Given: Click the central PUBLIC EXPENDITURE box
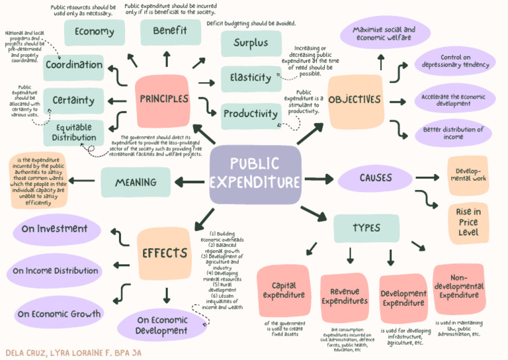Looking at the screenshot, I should pos(255,174).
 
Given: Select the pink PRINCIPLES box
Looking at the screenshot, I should pos(163,100).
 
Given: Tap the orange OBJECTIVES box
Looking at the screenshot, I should pos(355,100).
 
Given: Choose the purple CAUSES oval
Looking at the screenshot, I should pos(376,178).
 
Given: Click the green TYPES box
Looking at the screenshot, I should pos(366,228).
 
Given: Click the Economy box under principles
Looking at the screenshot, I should pos(94,32).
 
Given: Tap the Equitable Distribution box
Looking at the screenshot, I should pos(75,132).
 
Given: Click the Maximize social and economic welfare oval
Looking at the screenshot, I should pos(384,34).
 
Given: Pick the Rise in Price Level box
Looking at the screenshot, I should pos(468,222).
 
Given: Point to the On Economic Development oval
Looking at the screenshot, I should pos(161,325).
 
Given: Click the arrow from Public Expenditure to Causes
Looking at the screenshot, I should pos(318,178).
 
